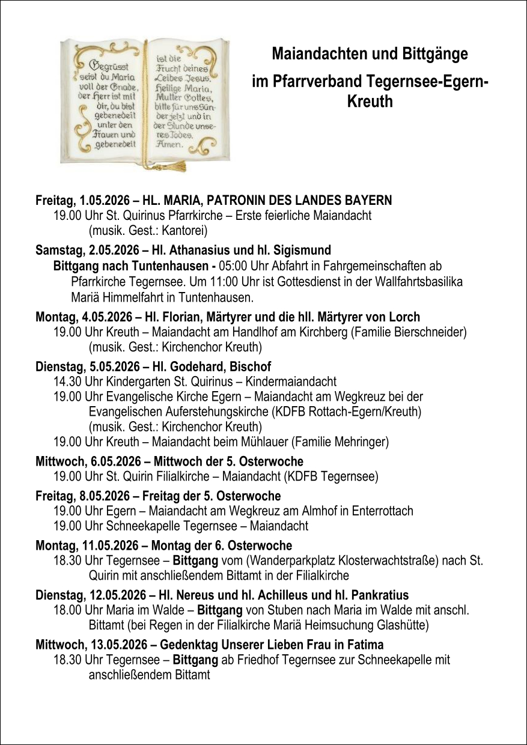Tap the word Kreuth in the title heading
coord(370,102)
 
